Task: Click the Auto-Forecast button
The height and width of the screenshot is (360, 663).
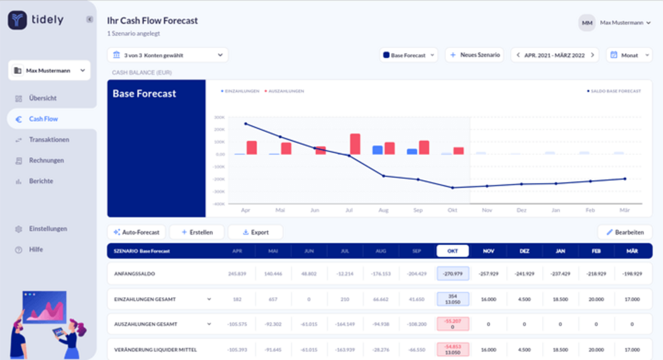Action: [136, 232]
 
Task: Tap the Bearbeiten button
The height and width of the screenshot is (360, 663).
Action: [625, 232]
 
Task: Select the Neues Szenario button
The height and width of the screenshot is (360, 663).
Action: [475, 55]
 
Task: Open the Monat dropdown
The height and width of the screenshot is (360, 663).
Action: [629, 55]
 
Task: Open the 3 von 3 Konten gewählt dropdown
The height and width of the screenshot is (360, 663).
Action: [168, 55]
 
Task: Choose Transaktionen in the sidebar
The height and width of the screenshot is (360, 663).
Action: [49, 140]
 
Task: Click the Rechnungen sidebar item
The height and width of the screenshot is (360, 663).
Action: [46, 160]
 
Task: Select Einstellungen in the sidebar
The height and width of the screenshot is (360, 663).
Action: [48, 229]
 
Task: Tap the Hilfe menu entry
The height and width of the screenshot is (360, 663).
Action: [36, 249]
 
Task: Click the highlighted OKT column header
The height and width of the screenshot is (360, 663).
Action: [452, 251]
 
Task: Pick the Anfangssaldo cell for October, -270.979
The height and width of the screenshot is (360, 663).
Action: [452, 274]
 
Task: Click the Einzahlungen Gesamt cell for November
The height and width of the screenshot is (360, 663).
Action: [488, 299]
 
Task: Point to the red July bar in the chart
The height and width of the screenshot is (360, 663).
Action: [355, 144]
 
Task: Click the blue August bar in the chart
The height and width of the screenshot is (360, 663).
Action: [377, 150]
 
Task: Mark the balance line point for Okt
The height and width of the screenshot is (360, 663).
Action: [452, 188]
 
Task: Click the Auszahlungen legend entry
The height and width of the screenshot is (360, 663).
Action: [286, 91]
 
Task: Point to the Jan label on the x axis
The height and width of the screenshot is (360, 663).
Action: [556, 210]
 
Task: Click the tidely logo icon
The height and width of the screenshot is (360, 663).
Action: [17, 20]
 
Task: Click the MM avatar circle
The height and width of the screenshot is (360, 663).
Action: [587, 23]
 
